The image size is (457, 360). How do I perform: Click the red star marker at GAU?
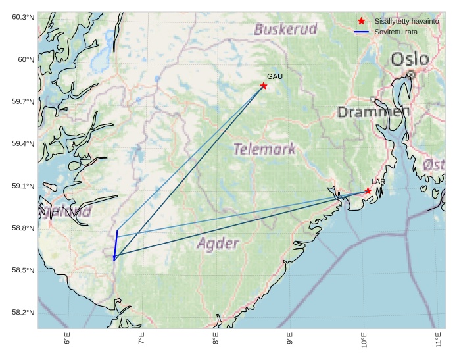264,86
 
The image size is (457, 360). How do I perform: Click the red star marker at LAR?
368,191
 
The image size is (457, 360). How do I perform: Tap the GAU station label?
275,77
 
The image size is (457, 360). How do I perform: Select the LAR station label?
378,182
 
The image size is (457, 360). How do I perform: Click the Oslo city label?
410,60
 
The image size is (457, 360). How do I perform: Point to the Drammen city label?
373,112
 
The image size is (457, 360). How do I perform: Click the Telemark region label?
265,149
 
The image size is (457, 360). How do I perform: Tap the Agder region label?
218,244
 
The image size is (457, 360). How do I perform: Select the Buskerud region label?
286,29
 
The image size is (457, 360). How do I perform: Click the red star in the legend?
361,22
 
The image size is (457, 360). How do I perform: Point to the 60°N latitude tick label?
26,60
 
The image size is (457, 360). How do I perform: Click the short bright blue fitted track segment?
116,245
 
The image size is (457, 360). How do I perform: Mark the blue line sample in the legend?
361,32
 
